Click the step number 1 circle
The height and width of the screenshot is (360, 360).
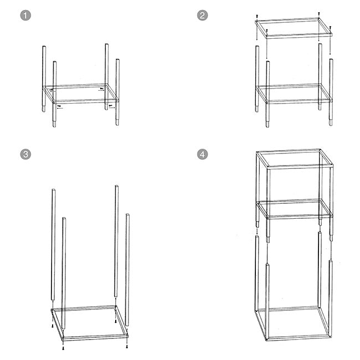[24, 16]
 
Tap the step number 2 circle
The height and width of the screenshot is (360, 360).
[203, 16]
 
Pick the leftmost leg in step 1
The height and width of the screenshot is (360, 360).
[43, 78]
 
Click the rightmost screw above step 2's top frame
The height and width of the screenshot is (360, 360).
[330, 27]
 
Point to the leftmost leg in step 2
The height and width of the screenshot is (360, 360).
[256, 78]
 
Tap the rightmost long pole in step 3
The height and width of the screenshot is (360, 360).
[127, 271]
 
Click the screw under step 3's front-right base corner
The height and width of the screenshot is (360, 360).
[127, 347]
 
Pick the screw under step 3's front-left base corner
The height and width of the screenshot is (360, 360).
[64, 348]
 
